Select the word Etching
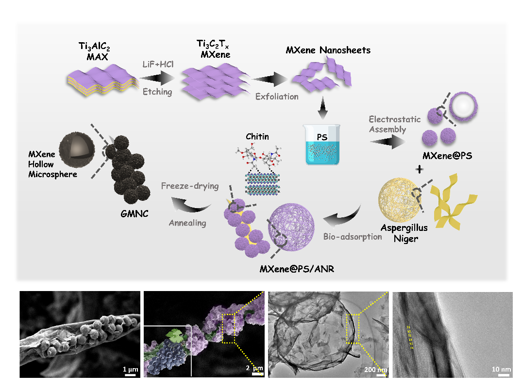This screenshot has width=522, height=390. (x=157, y=91)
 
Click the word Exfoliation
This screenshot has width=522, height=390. (x=277, y=96)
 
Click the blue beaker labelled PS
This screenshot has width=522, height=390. (x=322, y=146)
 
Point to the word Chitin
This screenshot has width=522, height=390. (x=257, y=137)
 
